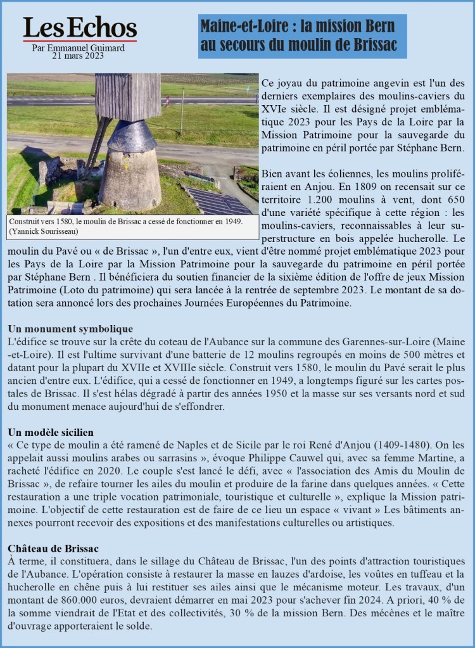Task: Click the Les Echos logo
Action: [80, 29]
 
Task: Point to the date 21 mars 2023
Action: [79, 56]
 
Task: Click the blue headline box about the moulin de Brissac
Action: [302, 36]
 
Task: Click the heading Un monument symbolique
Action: [70, 329]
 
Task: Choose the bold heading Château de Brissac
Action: [53, 547]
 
